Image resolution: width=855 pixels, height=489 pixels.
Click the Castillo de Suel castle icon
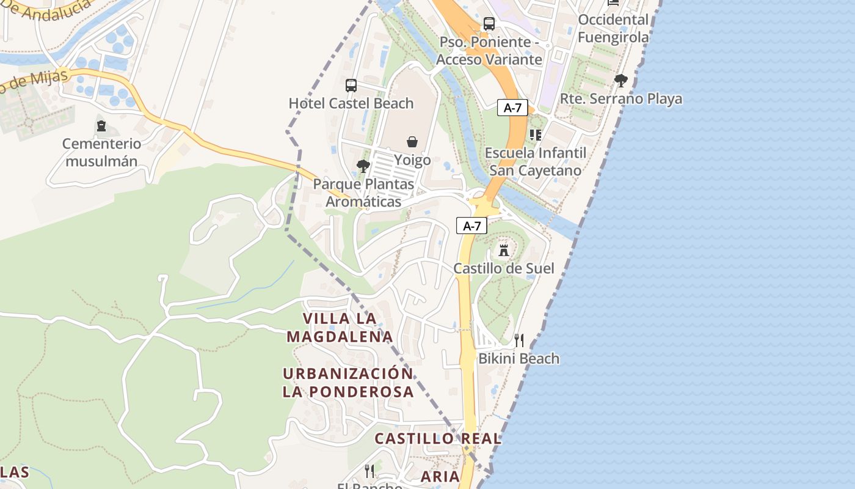(504, 250)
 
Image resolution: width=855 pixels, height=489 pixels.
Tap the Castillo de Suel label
(504, 268)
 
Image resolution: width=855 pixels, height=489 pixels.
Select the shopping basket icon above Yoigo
(412, 142)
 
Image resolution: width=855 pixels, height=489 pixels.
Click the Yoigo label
(412, 160)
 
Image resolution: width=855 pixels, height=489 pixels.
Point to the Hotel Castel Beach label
(351, 103)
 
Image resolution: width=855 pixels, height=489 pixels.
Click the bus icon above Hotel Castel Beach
(351, 86)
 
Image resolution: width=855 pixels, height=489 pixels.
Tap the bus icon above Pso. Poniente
(489, 24)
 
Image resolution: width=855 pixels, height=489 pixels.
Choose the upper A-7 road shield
(512, 108)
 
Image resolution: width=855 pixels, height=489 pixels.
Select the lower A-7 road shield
(471, 226)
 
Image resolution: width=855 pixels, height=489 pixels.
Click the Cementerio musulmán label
(102, 153)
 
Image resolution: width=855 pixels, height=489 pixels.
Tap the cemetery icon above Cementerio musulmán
(101, 127)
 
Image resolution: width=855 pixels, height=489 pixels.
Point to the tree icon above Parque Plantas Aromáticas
(363, 166)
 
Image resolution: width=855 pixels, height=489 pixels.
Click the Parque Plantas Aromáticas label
(363, 193)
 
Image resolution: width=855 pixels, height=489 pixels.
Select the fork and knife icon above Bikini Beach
(519, 340)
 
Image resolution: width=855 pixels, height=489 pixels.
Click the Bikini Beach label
(518, 358)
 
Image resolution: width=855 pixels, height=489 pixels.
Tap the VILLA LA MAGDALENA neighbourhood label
(340, 328)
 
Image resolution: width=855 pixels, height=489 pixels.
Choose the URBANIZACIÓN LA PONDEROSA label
(348, 383)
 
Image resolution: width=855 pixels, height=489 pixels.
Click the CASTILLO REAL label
(438, 438)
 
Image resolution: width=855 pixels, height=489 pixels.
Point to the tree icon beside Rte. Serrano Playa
(621, 81)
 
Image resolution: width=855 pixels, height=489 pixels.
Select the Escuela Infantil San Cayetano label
(536, 161)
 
